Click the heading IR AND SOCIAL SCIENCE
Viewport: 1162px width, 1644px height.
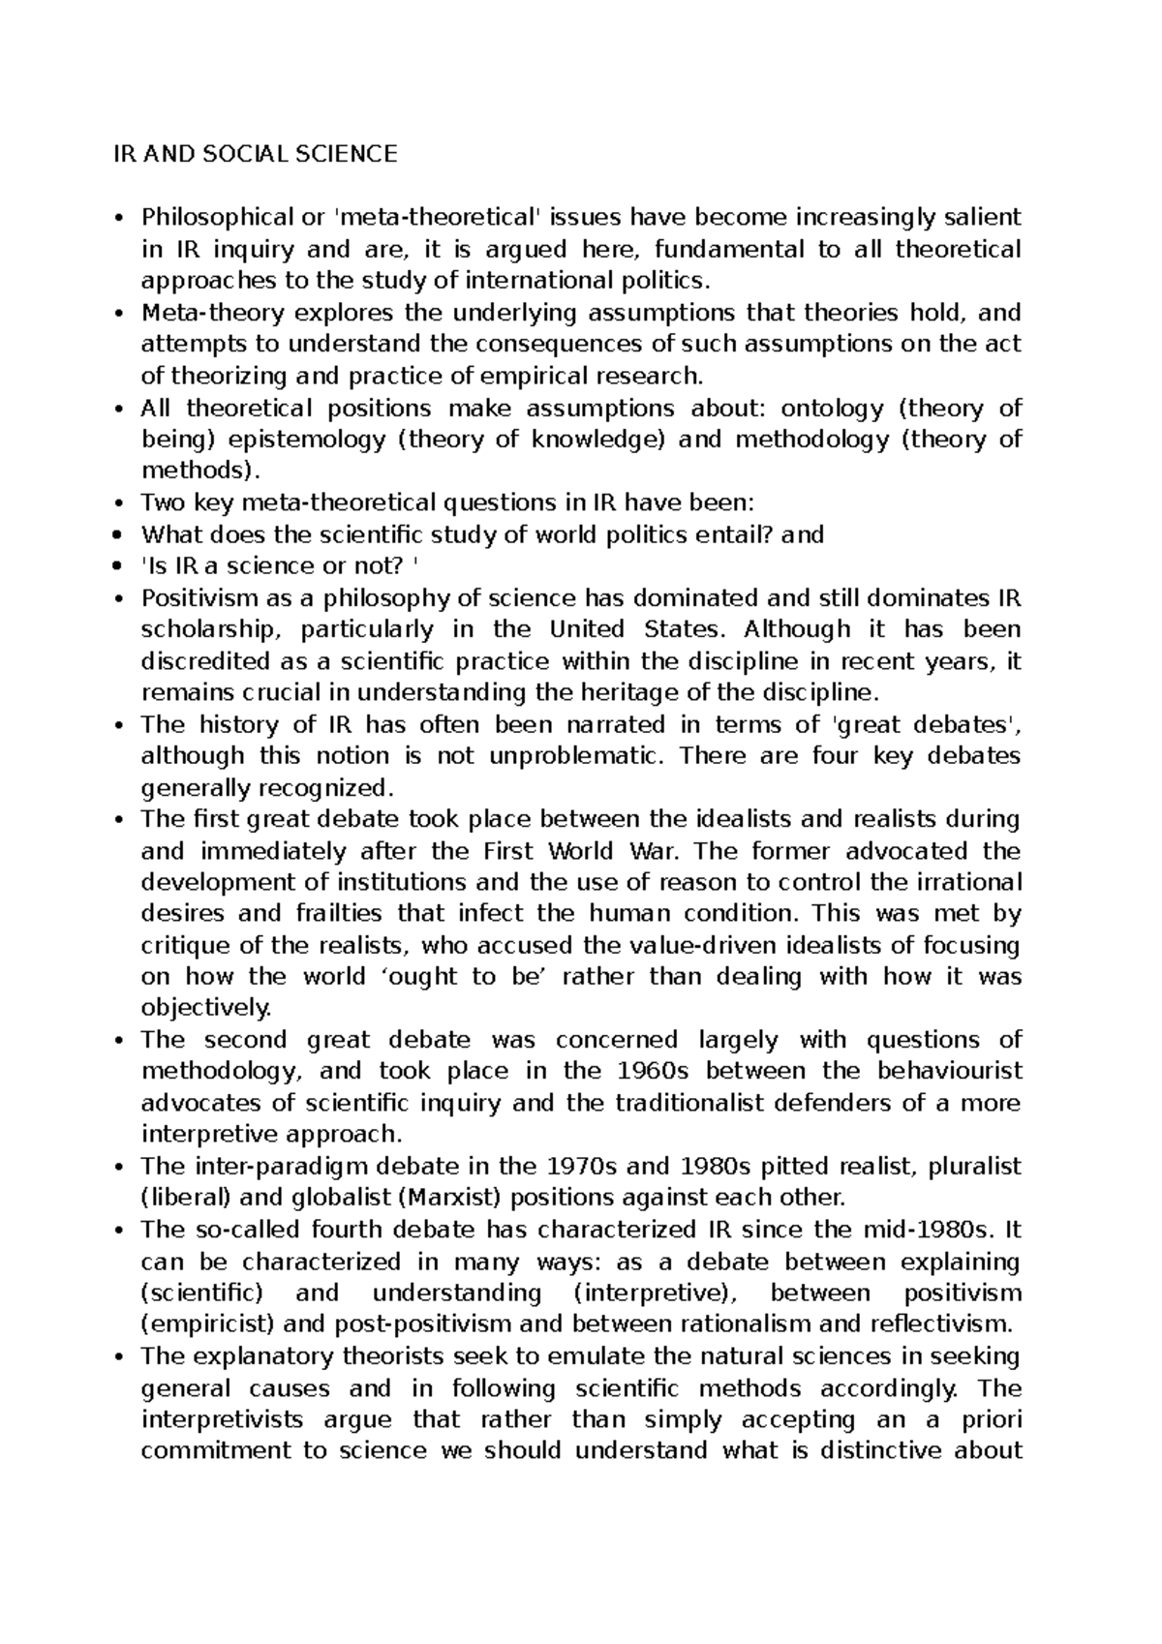(x=255, y=154)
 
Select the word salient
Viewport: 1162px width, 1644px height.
(x=984, y=218)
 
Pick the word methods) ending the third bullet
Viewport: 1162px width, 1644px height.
(x=200, y=472)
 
